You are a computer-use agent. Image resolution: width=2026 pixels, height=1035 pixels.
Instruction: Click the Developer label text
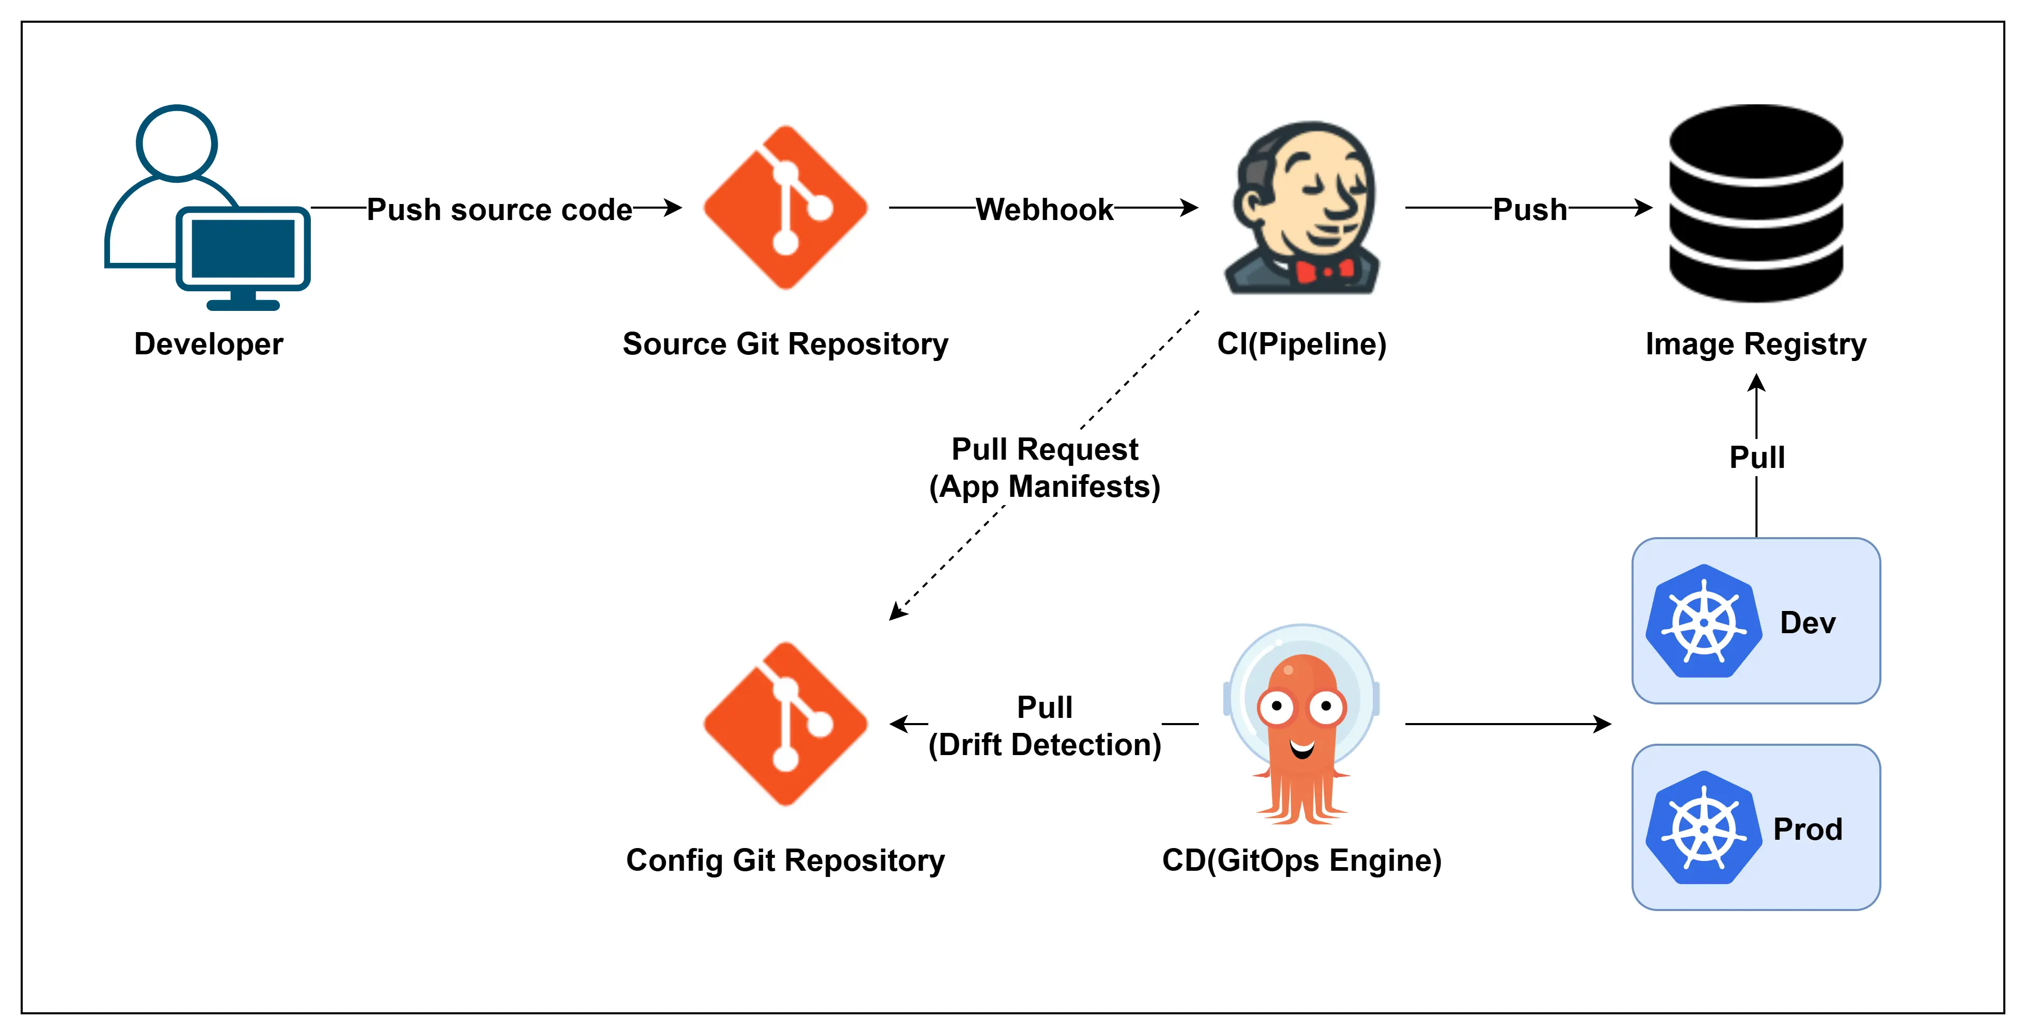tap(209, 344)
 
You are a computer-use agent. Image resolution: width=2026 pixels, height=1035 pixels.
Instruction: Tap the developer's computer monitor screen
tap(243, 248)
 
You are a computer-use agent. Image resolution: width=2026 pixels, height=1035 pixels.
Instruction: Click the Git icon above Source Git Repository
tap(785, 208)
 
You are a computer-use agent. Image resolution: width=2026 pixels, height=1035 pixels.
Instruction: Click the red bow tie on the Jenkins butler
tap(1324, 271)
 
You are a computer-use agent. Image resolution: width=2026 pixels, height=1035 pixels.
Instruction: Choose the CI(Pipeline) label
tap(1302, 344)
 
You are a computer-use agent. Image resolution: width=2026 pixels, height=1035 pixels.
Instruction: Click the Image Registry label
tap(1755, 344)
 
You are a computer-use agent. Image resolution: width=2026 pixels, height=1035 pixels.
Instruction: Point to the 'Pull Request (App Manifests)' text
tap(1044, 468)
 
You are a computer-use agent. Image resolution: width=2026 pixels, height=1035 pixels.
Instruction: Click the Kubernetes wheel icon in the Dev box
tap(1703, 621)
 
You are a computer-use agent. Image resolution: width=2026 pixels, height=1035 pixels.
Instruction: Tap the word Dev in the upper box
tap(1808, 623)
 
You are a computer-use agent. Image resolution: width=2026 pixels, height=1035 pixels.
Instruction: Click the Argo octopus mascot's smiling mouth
tap(1302, 747)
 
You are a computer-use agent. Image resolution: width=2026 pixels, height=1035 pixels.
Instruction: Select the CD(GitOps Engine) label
tap(1302, 860)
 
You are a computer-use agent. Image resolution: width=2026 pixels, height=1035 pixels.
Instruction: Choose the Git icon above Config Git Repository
tap(785, 724)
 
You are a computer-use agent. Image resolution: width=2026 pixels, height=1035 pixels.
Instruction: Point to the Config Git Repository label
tap(785, 860)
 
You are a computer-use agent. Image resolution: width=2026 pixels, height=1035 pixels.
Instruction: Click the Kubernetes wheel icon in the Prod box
tap(1703, 828)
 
